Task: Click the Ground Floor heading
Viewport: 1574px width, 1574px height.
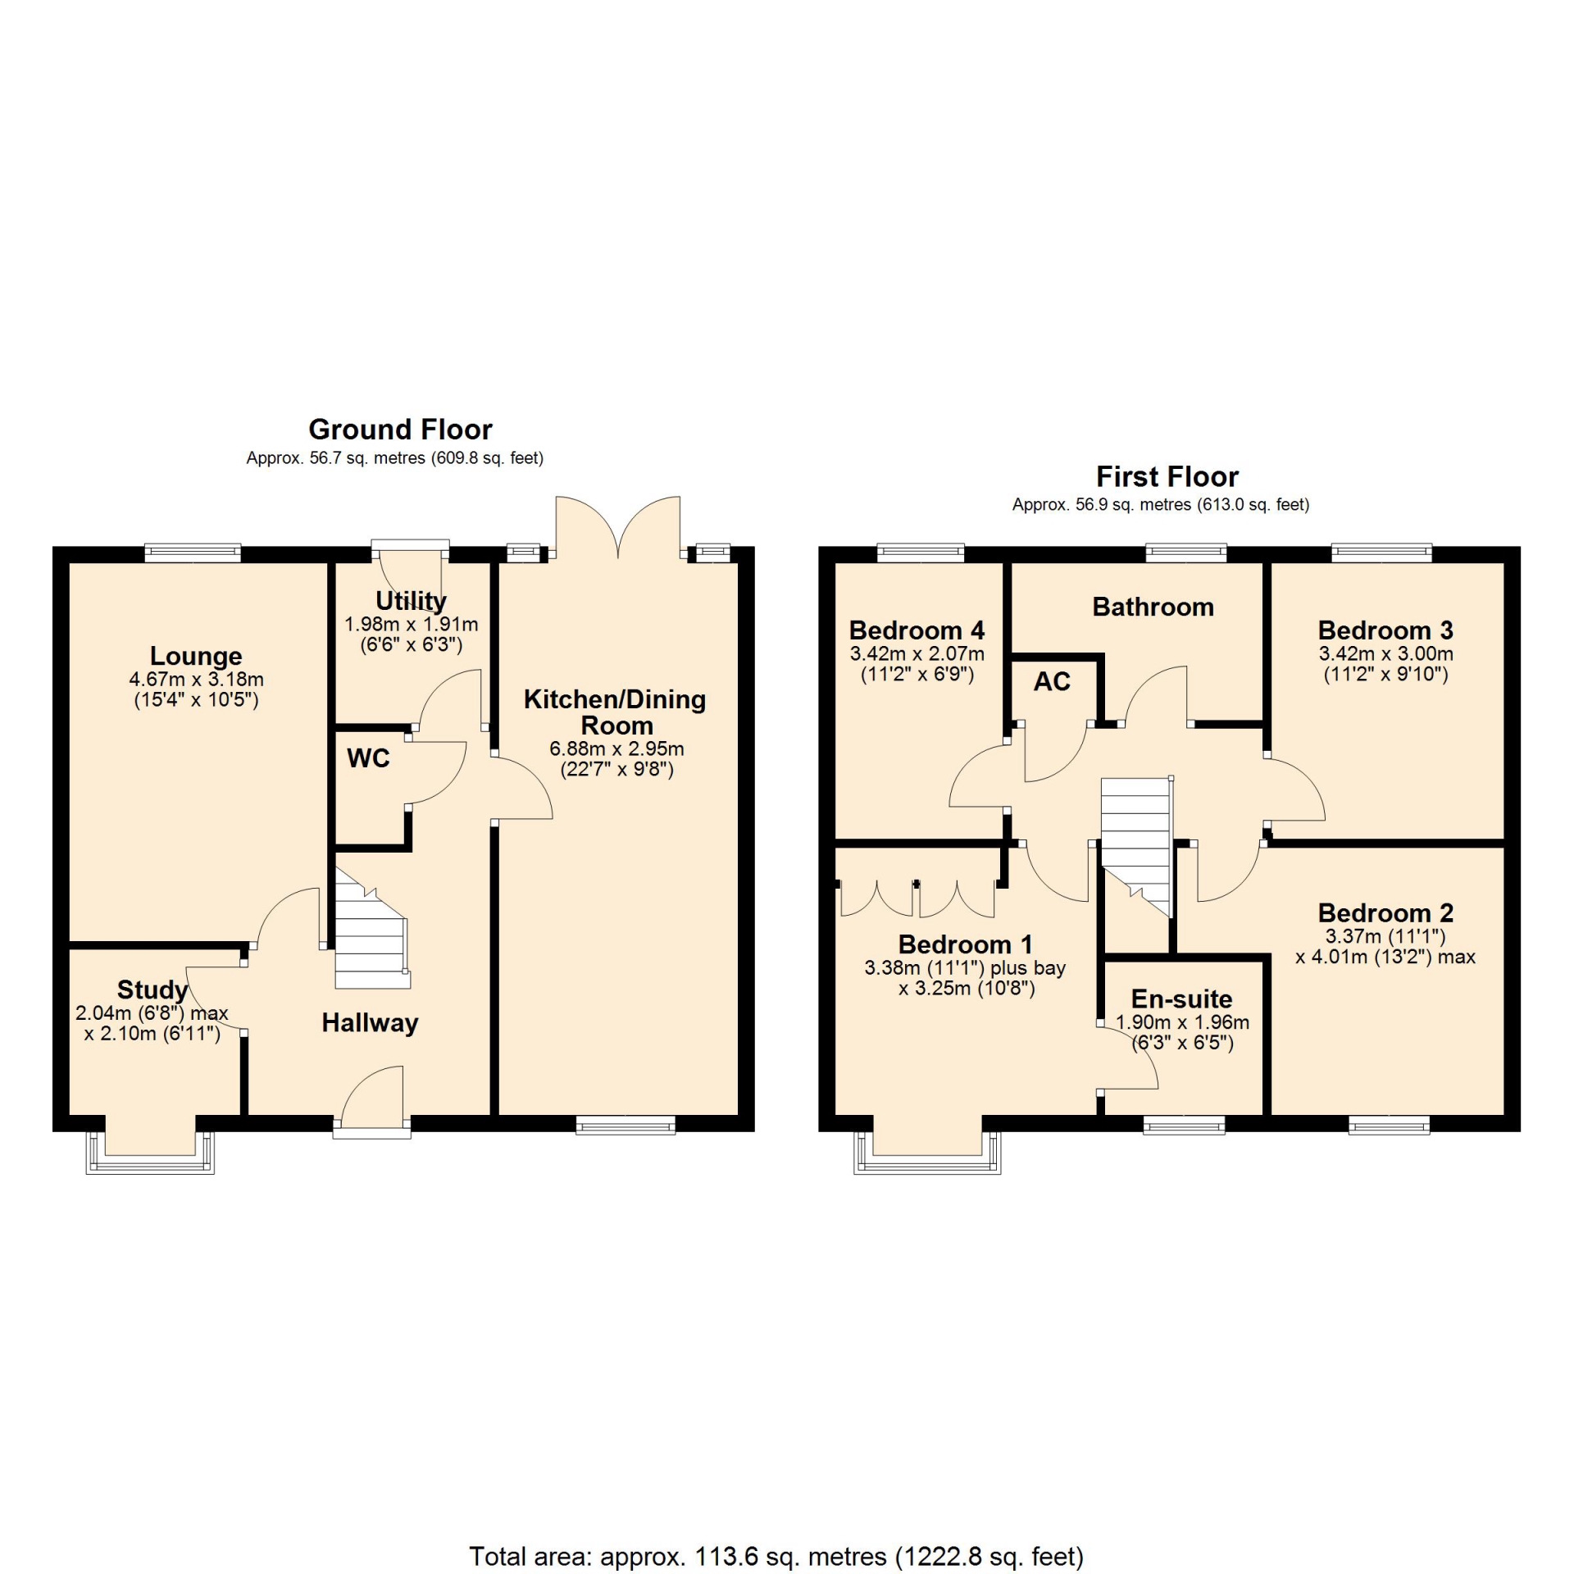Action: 400,430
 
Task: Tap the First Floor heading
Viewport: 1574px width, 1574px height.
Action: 1167,476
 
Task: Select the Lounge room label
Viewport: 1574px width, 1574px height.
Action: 196,656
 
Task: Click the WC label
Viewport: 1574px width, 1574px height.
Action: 368,758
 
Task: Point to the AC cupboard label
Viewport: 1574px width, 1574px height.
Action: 1052,681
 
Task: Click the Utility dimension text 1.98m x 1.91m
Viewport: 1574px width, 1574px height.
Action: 411,624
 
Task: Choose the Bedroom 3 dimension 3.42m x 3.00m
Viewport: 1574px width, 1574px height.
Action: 1385,654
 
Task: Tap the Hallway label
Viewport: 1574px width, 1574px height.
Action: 370,1022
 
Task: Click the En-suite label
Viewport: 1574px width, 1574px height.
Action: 1181,999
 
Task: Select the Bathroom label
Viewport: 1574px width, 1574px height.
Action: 1153,607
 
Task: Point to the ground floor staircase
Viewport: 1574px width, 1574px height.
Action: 371,928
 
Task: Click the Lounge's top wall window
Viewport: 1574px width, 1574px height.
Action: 193,553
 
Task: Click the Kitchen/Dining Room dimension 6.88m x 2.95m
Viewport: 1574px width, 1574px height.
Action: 616,748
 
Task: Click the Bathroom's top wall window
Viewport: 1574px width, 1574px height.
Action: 1186,553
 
